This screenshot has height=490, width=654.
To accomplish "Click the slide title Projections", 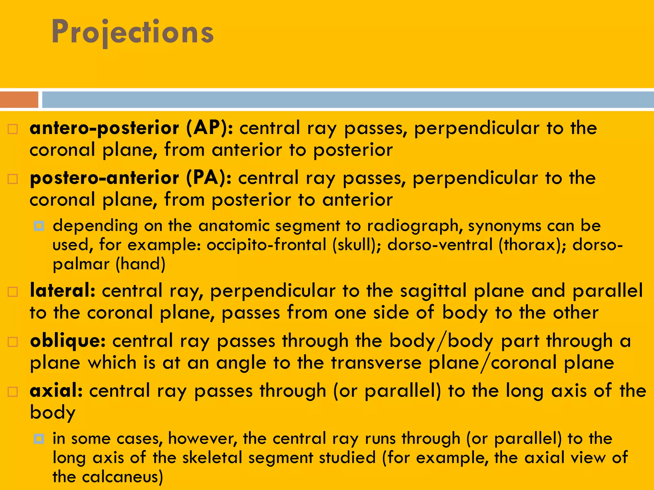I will point(133,32).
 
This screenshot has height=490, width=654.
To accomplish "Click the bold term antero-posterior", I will point(104,128).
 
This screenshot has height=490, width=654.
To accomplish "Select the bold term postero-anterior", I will point(104,178).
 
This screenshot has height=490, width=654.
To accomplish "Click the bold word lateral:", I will point(63,291).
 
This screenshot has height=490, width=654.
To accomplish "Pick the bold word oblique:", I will point(68,341).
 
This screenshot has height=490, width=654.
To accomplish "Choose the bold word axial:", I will point(56,391).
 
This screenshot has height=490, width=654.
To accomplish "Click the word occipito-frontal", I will point(266,245).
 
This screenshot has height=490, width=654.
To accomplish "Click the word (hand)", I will point(141,264).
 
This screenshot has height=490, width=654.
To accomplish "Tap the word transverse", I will point(376,363).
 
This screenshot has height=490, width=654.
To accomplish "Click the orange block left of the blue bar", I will point(19,100).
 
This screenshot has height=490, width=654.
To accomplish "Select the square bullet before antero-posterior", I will point(13,129).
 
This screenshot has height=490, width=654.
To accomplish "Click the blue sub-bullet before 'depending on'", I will point(39,226).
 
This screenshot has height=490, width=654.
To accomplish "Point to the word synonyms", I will point(505,226).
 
